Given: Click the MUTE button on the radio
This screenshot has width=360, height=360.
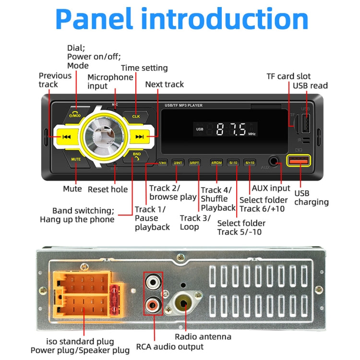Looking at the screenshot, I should tap(76, 159).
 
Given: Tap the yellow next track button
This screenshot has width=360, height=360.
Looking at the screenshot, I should tap(140, 137).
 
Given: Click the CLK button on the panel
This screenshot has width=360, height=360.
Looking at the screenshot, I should tap(136, 116).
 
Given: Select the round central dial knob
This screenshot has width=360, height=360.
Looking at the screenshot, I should tap(104, 137).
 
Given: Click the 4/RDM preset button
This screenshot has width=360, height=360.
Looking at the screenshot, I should tap(216, 163).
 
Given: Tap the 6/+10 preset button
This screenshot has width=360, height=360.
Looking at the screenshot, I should tap(250, 163).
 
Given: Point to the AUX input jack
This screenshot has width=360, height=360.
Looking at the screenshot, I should tap(274, 162).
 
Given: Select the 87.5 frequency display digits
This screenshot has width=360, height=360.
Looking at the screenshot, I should tap(231, 129).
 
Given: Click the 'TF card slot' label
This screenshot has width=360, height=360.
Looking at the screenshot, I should tap(288, 76).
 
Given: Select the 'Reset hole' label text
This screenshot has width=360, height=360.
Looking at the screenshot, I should tap(108, 189).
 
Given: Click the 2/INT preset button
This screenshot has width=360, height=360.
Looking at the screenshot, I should tap(178, 163).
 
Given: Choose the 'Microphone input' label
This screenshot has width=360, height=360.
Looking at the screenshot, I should tap(110, 82).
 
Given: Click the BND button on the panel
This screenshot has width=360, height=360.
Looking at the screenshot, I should tap(137, 156).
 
